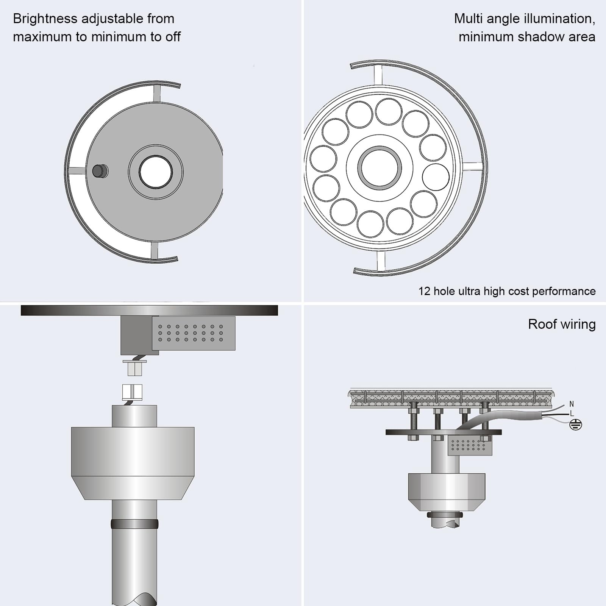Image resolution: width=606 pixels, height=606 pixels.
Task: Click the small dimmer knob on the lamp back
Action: click(x=100, y=171)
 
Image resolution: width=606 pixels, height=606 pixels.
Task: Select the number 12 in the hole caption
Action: click(x=424, y=291)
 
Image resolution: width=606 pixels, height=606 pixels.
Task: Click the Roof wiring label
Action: click(x=562, y=324)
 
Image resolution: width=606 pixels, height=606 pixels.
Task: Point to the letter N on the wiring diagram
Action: click(x=572, y=404)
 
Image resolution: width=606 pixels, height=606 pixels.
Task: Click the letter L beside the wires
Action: click(x=572, y=413)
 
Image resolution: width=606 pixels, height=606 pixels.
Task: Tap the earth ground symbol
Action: click(x=576, y=425)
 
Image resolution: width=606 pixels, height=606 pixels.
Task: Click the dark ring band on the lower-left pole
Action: click(x=134, y=524)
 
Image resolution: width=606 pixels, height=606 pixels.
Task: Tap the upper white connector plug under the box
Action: click(x=135, y=367)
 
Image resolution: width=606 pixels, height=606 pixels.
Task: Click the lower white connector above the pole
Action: click(x=132, y=392)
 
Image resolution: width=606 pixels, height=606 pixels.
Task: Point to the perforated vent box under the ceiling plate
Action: click(x=194, y=333)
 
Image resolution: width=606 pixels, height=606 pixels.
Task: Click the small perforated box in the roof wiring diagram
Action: click(x=470, y=445)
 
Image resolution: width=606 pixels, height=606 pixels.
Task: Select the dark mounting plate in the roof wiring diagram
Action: click(x=444, y=432)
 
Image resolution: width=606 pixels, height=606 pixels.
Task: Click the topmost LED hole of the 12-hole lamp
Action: click(x=389, y=112)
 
